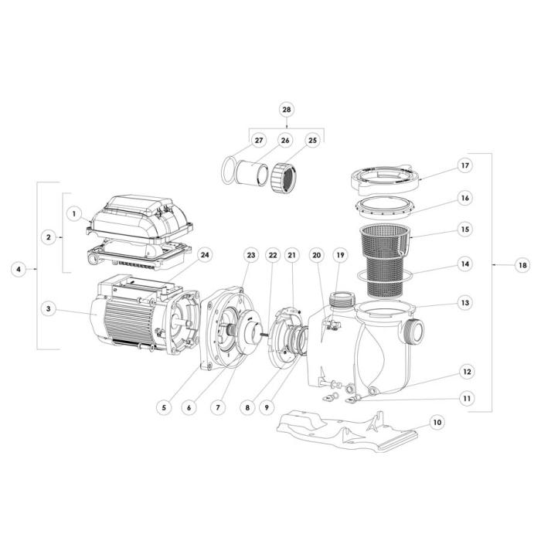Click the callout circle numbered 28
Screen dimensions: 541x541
coord(287,111)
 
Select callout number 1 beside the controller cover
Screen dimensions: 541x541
coord(74,212)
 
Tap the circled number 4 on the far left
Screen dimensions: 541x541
coord(19,269)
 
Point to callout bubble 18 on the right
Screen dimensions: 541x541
coord(523,265)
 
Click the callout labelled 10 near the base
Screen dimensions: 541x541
coord(437,423)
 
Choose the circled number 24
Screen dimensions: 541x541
coord(204,255)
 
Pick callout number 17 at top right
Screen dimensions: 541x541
coord(464,165)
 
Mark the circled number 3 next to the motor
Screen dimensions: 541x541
coord(48,308)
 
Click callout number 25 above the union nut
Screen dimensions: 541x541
coord(312,141)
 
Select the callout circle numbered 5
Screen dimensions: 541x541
coord(163,405)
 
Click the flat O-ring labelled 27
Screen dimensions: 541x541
coord(230,168)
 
